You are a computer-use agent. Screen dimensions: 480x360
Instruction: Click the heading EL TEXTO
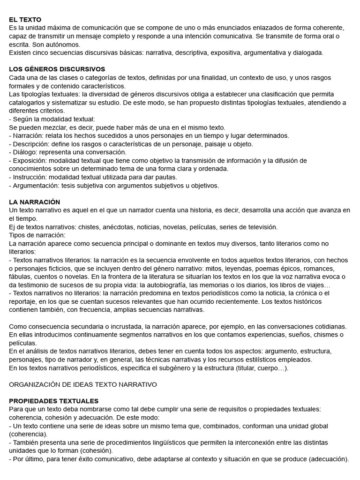[x=25, y=20]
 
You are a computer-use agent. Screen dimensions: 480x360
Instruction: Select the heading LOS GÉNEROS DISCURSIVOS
[x=57, y=69]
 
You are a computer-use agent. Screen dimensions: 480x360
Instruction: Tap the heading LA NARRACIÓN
[x=35, y=202]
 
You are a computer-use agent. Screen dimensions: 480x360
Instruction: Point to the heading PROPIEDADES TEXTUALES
[x=54, y=401]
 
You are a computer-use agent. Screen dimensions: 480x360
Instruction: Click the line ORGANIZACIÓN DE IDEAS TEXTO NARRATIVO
[x=83, y=384]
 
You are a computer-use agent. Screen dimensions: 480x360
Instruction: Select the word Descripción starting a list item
[x=30, y=144]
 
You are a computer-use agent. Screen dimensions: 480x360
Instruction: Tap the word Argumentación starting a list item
[x=34, y=185]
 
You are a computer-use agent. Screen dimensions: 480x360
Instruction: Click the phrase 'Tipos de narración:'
[x=37, y=235]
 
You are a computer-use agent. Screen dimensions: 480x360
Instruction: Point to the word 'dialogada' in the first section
[x=307, y=53]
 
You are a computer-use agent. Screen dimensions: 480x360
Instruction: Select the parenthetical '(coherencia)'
[x=29, y=434]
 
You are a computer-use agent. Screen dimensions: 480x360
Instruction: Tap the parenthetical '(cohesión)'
[x=97, y=450]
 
